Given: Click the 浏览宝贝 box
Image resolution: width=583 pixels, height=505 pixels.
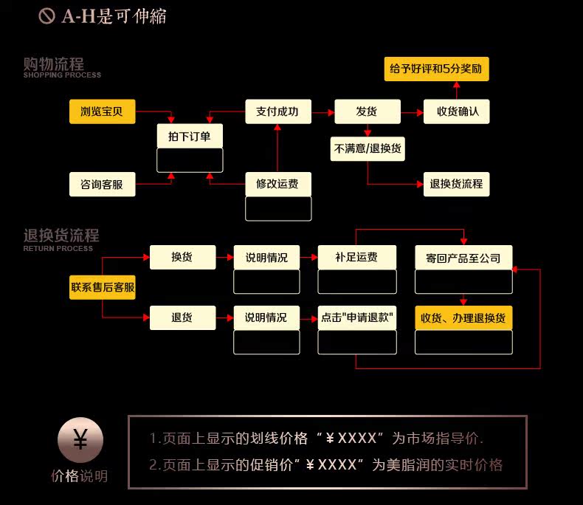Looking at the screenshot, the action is tap(103, 112).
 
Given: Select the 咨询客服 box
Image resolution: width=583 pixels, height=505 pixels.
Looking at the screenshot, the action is tap(103, 184).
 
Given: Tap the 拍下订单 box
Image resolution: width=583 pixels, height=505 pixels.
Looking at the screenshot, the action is tap(190, 137).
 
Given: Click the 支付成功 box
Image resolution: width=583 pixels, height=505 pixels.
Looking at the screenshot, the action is tap(277, 112).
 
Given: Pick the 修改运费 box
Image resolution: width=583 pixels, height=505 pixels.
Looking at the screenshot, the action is tap(277, 184).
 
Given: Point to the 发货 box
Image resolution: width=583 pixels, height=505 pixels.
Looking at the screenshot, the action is tap(367, 112).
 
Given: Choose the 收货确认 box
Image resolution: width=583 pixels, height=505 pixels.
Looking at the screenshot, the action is tap(456, 112).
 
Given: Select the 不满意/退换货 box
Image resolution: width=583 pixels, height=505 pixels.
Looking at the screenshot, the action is tap(368, 148).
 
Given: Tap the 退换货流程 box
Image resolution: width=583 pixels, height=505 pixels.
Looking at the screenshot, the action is tap(456, 184).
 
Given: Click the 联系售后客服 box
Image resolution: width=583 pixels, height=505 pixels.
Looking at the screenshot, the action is tap(103, 287).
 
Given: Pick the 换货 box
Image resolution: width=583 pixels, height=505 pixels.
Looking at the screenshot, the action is tap(182, 258).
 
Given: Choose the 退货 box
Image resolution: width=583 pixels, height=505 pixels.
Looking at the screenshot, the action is tap(182, 318).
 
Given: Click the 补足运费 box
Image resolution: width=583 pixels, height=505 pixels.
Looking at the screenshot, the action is tap(356, 258).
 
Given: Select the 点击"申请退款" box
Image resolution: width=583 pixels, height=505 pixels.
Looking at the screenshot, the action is tap(356, 318).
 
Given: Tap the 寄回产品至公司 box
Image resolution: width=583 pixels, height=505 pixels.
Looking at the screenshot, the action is tap(463, 258).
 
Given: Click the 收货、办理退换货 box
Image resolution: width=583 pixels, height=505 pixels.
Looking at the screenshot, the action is tap(463, 318).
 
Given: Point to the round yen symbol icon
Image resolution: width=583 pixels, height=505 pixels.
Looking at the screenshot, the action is tap(80, 442).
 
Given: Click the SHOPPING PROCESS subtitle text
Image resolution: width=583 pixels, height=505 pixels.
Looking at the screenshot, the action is tap(62, 75).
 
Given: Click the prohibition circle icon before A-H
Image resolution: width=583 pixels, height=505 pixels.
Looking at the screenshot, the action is tap(46, 16).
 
